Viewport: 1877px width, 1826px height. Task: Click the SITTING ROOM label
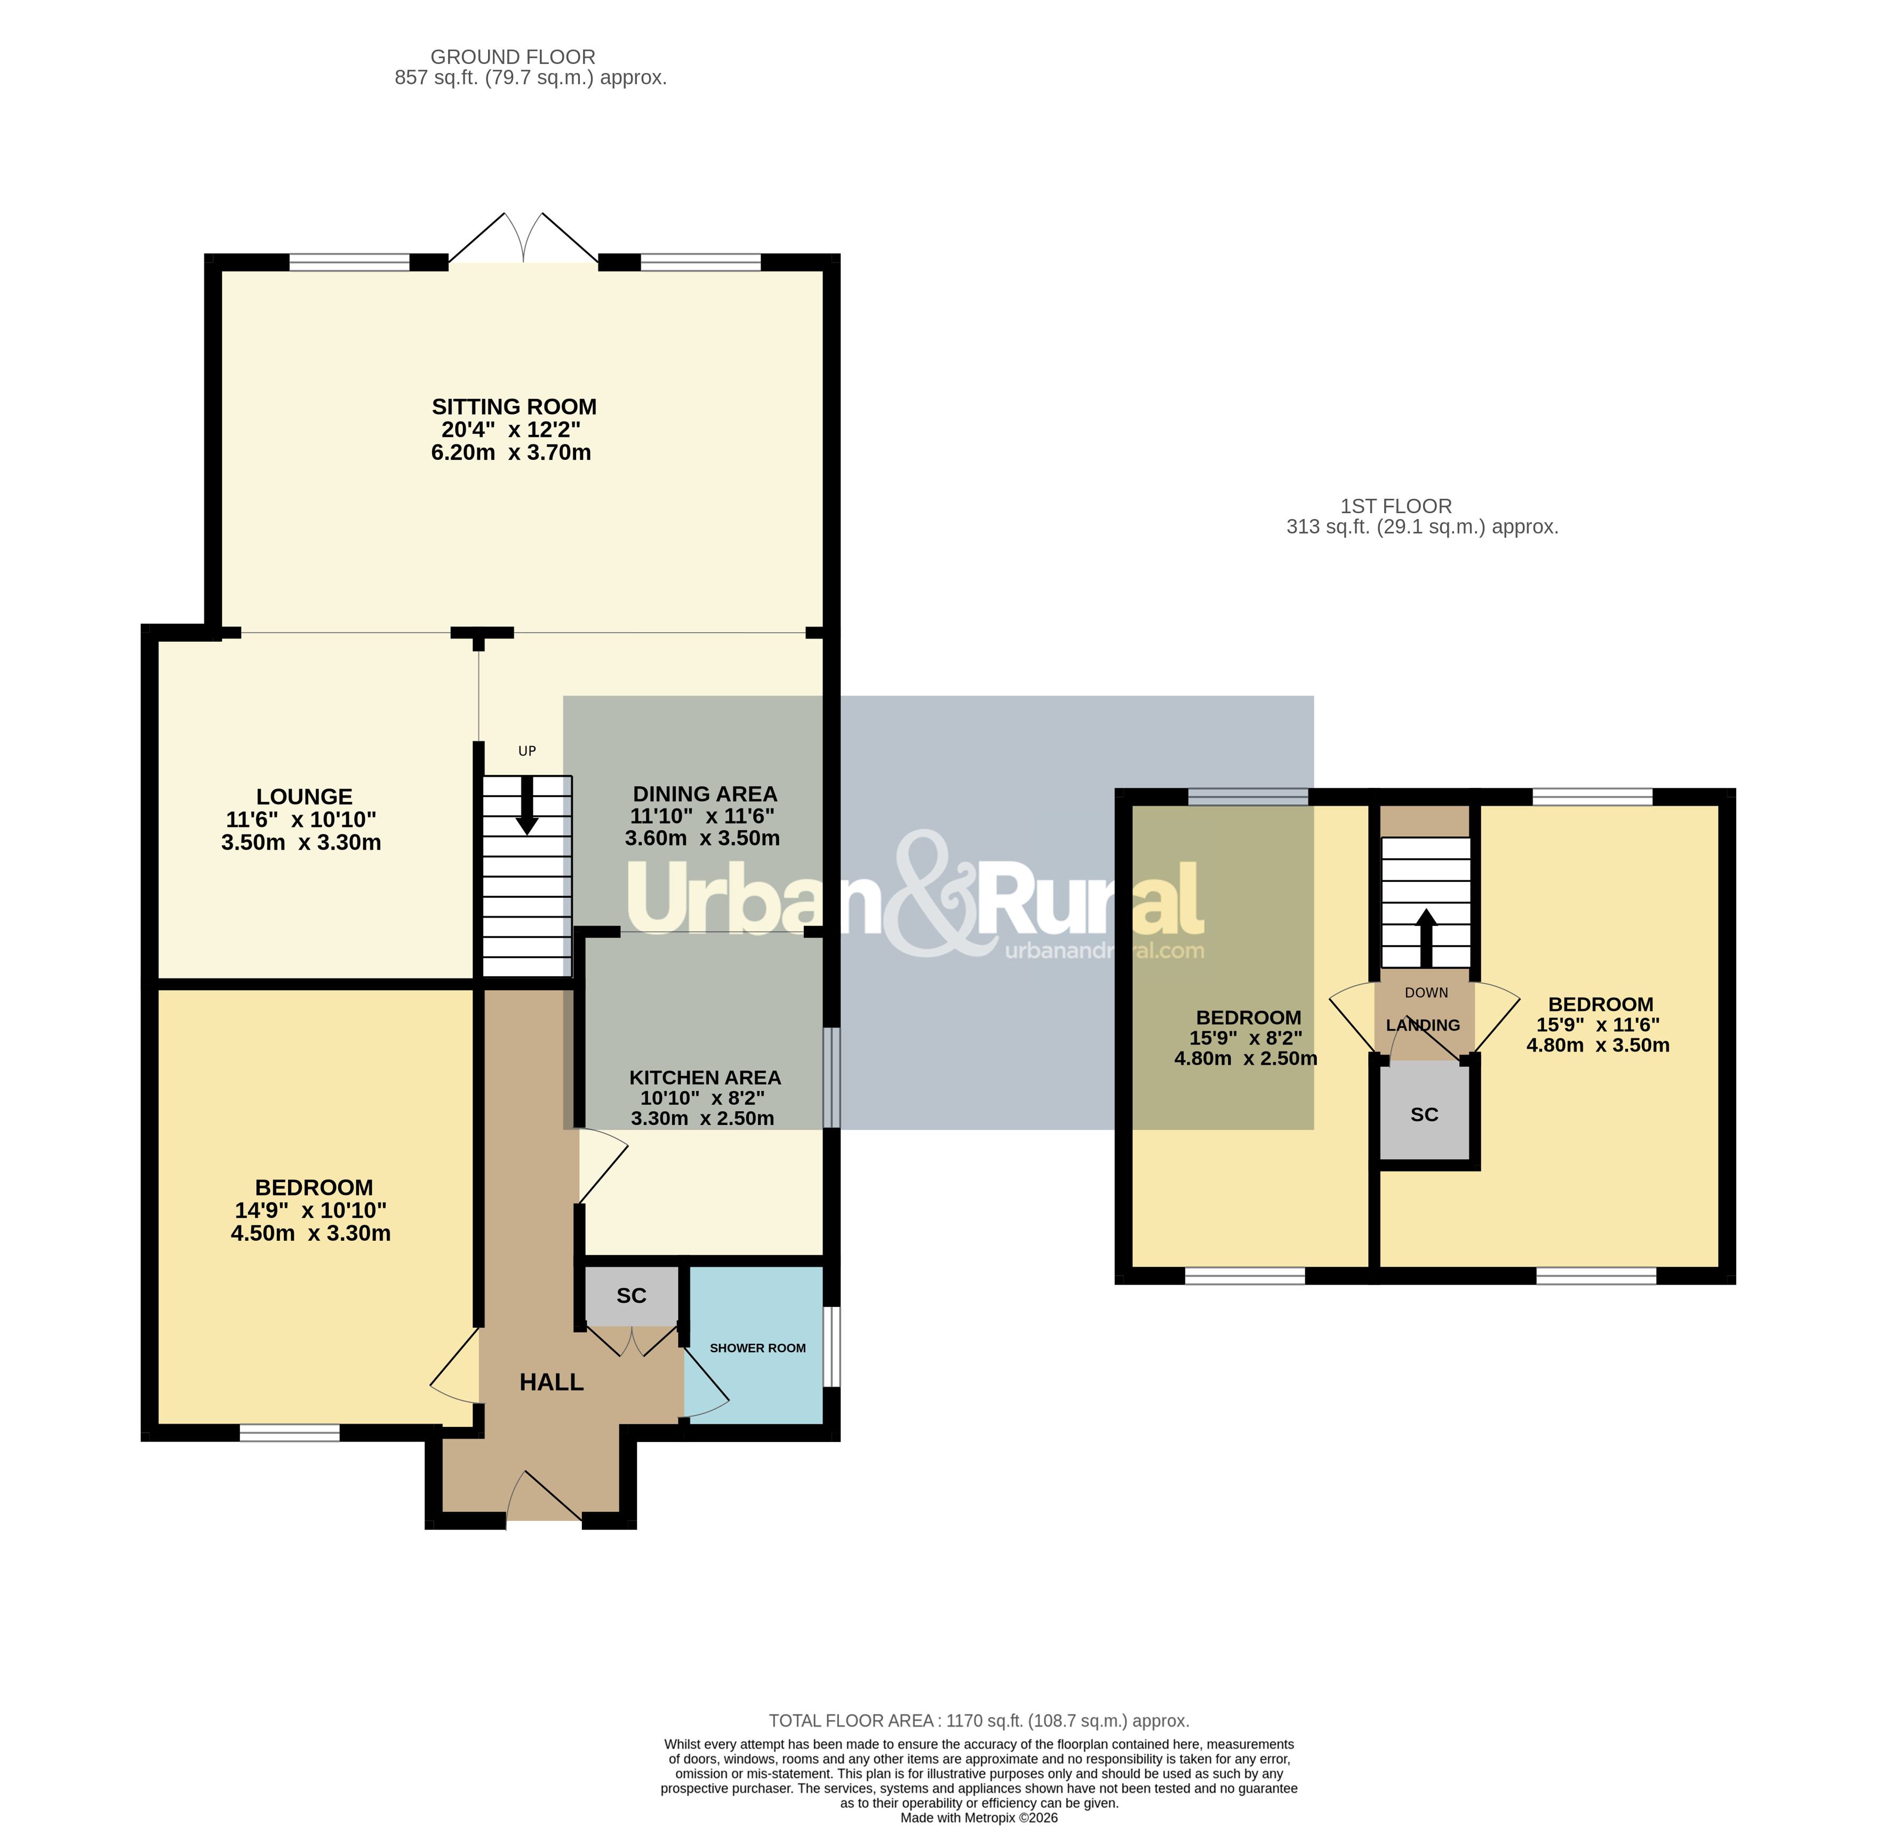pyautogui.click(x=514, y=406)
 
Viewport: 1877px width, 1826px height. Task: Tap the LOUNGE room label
pyautogui.click(x=304, y=797)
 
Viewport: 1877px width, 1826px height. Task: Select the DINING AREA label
pyautogui.click(x=705, y=794)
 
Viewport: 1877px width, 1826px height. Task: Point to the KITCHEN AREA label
pyautogui.click(x=705, y=1078)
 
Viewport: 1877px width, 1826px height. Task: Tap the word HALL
pyautogui.click(x=552, y=1382)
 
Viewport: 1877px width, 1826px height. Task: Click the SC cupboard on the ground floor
pyautogui.click(x=631, y=1296)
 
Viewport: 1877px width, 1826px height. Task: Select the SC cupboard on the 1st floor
pyautogui.click(x=1424, y=1114)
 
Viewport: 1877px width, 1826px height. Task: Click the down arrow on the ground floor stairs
pyautogui.click(x=526, y=806)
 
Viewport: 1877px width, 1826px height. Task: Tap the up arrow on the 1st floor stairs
pyautogui.click(x=1426, y=937)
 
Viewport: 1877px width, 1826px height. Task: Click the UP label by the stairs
pyautogui.click(x=526, y=751)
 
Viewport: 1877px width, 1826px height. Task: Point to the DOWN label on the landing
pyautogui.click(x=1426, y=993)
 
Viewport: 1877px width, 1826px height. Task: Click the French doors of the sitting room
pyautogui.click(x=524, y=238)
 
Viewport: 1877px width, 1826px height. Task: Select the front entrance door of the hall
pyautogui.click(x=544, y=1497)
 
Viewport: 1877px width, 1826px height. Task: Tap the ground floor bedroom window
pyautogui.click(x=290, y=1433)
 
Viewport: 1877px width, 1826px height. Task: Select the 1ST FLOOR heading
pyautogui.click(x=1396, y=506)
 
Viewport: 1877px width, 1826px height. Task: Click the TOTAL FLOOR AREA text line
pyautogui.click(x=979, y=1720)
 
